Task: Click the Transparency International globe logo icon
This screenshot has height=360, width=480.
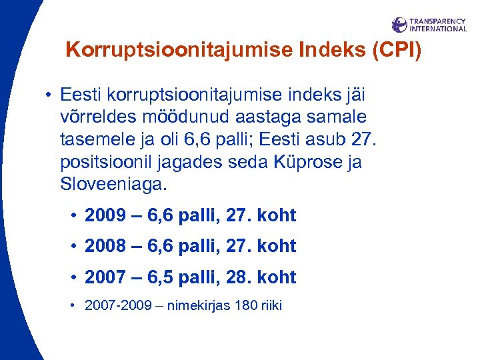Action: pyautogui.click(x=399, y=25)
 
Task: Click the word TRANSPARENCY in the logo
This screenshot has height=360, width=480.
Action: pyautogui.click(x=438, y=21)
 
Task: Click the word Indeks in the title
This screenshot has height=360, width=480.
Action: pyautogui.click(x=323, y=51)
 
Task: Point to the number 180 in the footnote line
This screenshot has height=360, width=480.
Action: pyautogui.click(x=247, y=306)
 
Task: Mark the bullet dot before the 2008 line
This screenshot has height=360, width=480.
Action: pyautogui.click(x=74, y=247)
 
